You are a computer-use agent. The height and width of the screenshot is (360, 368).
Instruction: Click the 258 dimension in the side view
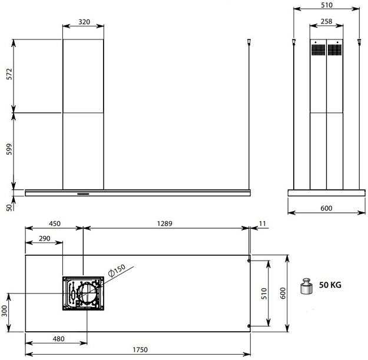pos(326,22)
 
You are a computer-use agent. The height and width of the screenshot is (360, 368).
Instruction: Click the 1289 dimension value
pos(166,224)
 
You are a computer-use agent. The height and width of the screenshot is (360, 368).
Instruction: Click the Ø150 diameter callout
pos(117,268)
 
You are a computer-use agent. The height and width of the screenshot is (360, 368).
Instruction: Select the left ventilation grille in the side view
pos(318,49)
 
